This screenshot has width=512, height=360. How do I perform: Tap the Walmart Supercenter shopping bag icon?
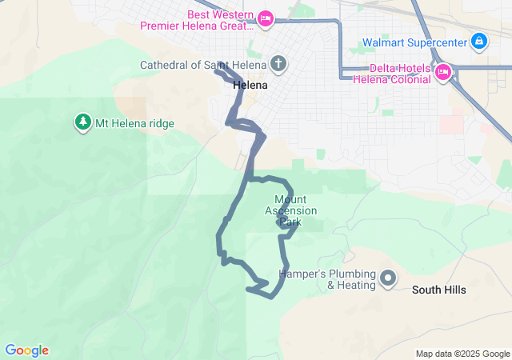[478, 40]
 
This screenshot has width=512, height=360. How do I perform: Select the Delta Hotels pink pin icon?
[443, 73]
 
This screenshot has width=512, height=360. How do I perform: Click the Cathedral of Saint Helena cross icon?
[278, 64]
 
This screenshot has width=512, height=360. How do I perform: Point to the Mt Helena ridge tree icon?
[82, 122]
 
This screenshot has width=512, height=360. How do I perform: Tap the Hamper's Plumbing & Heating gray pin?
[388, 278]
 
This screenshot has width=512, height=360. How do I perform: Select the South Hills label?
[438, 290]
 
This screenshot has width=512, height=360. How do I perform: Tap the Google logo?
[26, 350]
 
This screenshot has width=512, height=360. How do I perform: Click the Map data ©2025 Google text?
[462, 354]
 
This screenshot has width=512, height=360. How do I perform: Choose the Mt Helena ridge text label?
[134, 123]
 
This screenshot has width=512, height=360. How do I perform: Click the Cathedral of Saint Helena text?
[203, 65]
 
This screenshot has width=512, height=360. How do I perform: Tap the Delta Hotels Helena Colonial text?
[393, 74]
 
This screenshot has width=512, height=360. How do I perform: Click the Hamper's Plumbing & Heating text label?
[326, 279]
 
